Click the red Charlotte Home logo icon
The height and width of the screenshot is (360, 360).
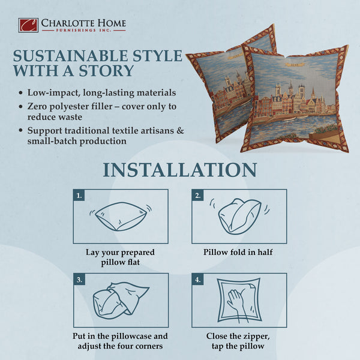[x=28, y=25]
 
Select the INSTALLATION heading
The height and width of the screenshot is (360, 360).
[x=179, y=169]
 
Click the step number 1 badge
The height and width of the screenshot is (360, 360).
[x=79, y=195]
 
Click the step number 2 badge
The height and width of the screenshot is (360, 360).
[x=197, y=195]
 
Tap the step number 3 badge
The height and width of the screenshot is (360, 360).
[x=79, y=279]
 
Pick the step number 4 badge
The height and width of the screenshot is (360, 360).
[x=197, y=279]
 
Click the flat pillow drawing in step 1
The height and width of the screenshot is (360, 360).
[x=121, y=216]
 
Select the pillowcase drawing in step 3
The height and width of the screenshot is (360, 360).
[x=120, y=300]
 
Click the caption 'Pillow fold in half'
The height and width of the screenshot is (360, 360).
[x=238, y=252]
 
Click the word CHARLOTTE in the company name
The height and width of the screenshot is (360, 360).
[x=62, y=23]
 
